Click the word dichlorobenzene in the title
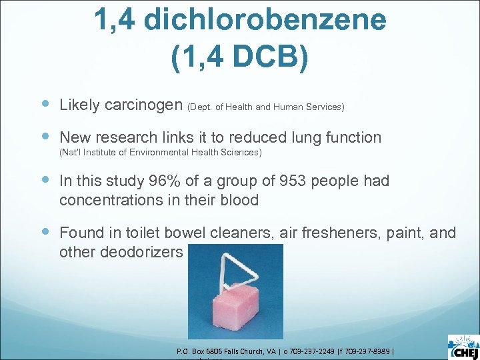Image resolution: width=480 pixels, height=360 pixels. point(265,20)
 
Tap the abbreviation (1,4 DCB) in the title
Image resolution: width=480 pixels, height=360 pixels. point(240,58)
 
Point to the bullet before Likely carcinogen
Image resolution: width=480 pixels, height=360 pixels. point(44,104)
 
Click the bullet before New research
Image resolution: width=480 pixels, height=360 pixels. point(44,137)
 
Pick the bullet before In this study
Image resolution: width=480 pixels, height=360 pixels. point(44,181)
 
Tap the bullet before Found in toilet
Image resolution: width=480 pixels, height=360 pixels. point(44,232)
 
